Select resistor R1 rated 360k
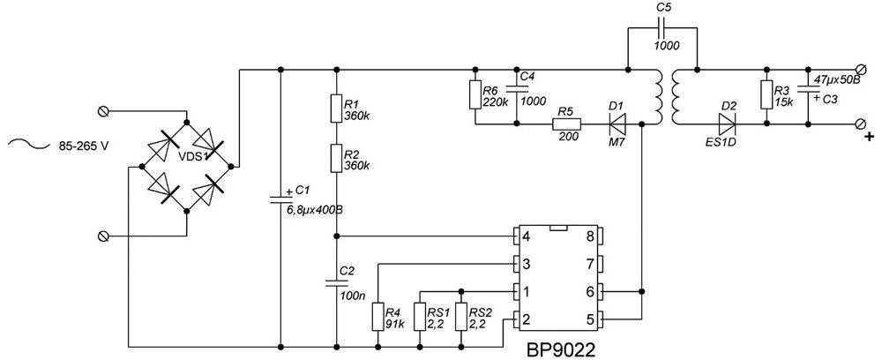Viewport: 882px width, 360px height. pyautogui.click(x=337, y=108)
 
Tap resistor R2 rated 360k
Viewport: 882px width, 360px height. pyautogui.click(x=337, y=160)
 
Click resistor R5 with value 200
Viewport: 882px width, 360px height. pyautogui.click(x=565, y=124)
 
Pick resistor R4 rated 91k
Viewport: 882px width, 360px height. pyautogui.click(x=377, y=317)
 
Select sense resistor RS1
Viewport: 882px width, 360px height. pyautogui.click(x=418, y=317)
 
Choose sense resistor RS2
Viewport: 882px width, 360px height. pyautogui.click(x=460, y=317)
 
